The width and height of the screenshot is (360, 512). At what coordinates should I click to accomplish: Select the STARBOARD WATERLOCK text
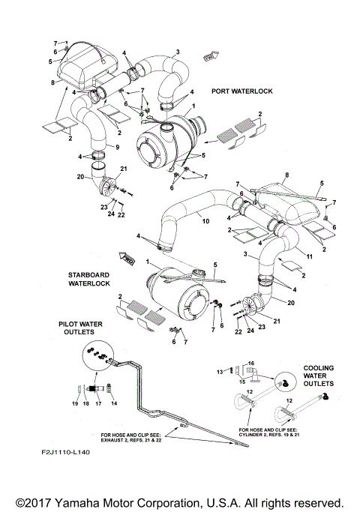[x=90, y=280]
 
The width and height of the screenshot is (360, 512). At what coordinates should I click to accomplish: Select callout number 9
[x=116, y=144]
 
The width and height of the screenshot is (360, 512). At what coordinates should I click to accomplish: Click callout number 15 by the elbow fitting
[x=241, y=382]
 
